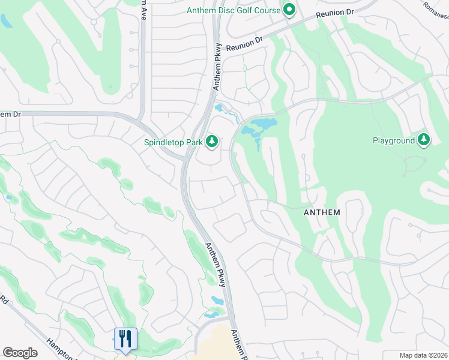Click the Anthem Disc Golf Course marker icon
(x=289, y=10)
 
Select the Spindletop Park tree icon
(x=211, y=142)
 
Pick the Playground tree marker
(x=424, y=140)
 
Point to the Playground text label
(x=394, y=140)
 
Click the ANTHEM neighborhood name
(x=322, y=212)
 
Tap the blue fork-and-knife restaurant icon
(x=125, y=339)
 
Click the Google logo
(x=20, y=353)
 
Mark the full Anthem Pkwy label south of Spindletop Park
(x=214, y=264)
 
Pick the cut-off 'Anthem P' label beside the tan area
(x=238, y=347)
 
